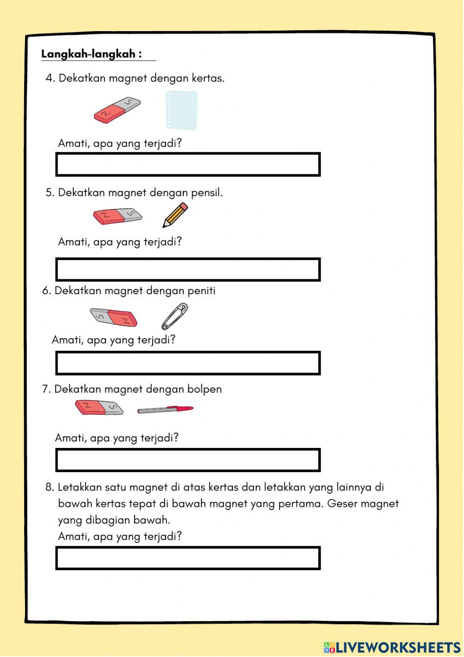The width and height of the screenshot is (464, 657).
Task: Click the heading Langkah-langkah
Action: [x=91, y=54]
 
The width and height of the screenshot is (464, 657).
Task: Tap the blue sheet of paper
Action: [x=181, y=110]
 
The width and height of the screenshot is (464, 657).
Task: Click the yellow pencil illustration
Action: [x=175, y=215]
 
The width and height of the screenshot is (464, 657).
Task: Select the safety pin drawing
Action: [x=174, y=316]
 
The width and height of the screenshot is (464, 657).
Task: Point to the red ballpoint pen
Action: [x=165, y=409]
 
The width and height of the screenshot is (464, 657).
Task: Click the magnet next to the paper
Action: [x=117, y=110]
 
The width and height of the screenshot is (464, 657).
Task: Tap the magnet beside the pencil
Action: [x=117, y=216]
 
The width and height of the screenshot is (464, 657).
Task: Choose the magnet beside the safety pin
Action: [x=114, y=317]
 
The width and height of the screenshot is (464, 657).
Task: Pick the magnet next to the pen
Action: [x=99, y=407]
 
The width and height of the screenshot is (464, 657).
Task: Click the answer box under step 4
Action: [x=188, y=164]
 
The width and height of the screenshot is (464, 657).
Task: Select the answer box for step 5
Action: [x=188, y=269]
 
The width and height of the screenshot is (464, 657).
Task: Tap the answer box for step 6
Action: [x=188, y=363]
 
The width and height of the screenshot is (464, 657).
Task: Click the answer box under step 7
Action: [x=188, y=460]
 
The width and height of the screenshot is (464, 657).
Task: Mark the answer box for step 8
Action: [x=188, y=558]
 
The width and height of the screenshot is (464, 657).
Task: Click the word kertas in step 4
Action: [x=207, y=78]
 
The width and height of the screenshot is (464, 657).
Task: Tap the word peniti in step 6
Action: [x=201, y=291]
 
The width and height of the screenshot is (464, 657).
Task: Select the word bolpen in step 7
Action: [x=204, y=389]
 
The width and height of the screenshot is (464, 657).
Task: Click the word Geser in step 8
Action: [x=342, y=504]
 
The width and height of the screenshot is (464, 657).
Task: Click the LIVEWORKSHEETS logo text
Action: [x=398, y=647]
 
